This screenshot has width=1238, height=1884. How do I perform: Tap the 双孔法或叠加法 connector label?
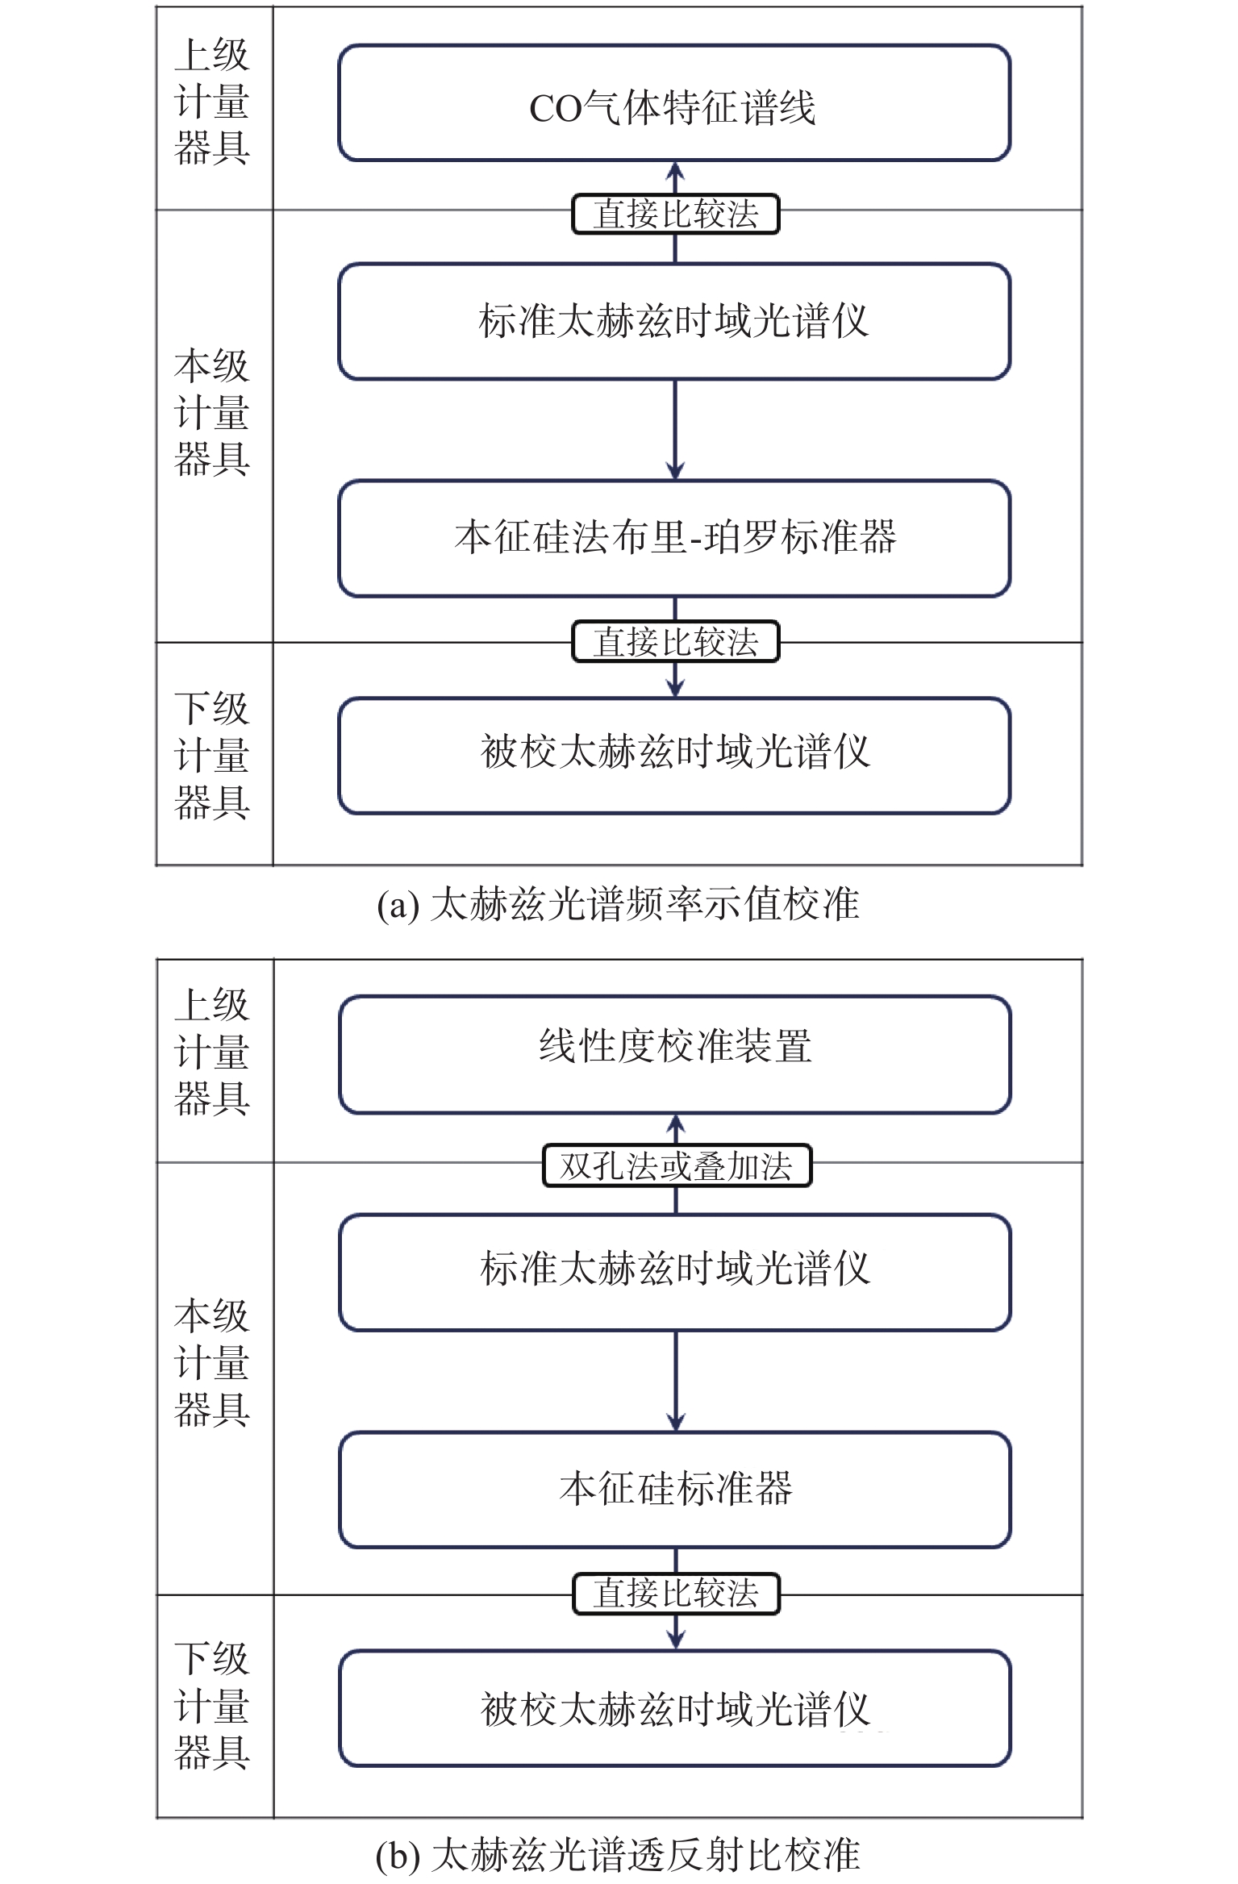(677, 1165)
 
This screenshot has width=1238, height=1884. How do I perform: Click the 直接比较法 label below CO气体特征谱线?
(676, 214)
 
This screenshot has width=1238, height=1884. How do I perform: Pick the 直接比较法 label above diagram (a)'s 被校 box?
(676, 642)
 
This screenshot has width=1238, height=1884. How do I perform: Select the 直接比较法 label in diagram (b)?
(677, 1594)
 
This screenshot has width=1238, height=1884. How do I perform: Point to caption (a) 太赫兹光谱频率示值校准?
(619, 904)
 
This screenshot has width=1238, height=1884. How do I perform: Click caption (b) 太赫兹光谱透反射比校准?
(619, 1855)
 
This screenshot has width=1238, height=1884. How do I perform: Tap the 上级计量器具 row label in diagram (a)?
(212, 102)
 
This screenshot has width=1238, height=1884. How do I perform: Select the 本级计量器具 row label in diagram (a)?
(212, 413)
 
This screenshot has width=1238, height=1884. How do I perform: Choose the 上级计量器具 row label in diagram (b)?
(212, 1052)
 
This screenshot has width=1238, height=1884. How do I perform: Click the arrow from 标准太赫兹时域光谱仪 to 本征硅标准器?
(676, 1382)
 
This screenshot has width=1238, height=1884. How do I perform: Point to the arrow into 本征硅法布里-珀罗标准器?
(675, 430)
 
